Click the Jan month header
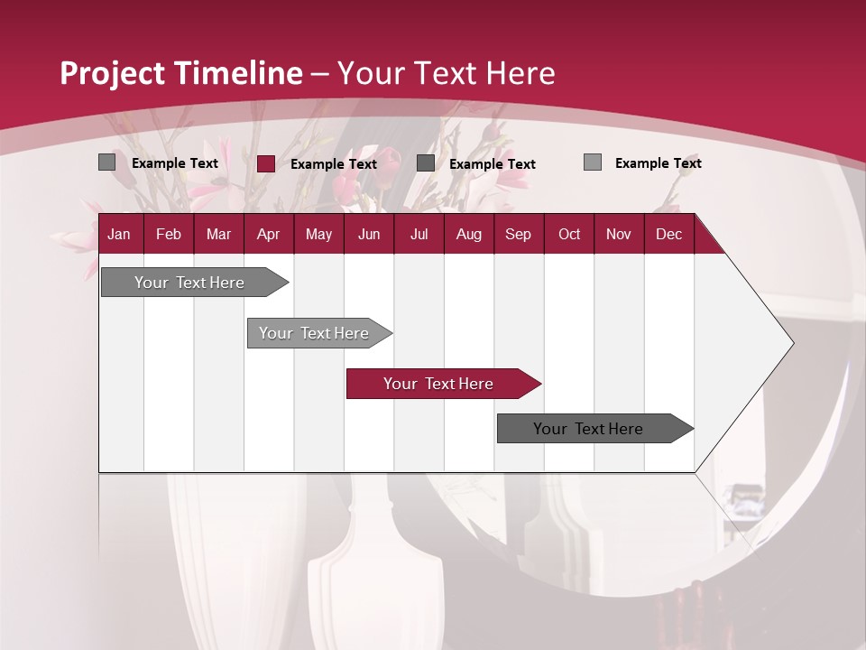click(119, 234)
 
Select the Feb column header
click(169, 234)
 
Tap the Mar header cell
click(218, 234)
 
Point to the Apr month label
click(268, 234)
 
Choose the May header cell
click(318, 234)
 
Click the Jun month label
click(369, 234)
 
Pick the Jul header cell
click(419, 234)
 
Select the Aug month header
click(468, 234)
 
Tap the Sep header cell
click(518, 234)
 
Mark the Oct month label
click(569, 234)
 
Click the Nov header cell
click(619, 234)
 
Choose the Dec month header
click(668, 234)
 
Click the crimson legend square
click(266, 163)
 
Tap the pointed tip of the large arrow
click(791, 343)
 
